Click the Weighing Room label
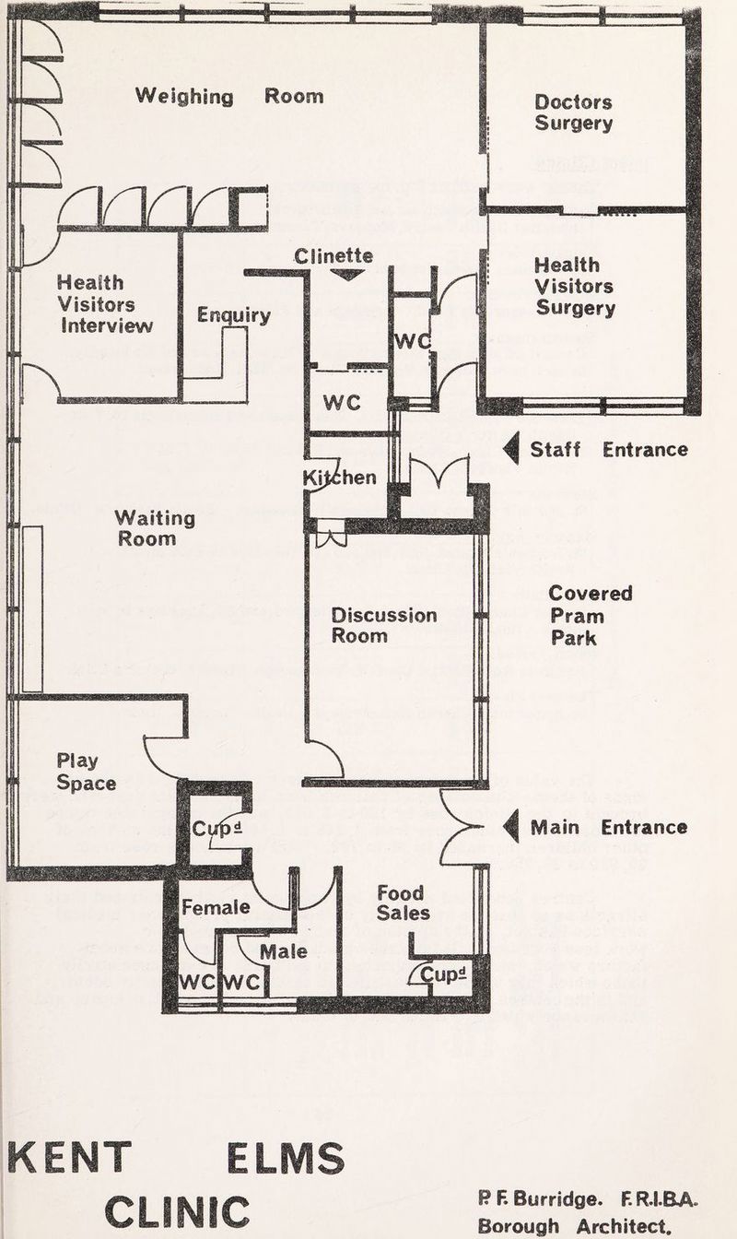(x=229, y=96)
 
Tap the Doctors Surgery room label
(x=573, y=112)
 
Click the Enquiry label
(x=233, y=316)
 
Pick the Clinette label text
(x=333, y=255)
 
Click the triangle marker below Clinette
(x=346, y=274)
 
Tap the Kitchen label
(x=340, y=477)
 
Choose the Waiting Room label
(x=156, y=528)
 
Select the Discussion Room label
(x=383, y=624)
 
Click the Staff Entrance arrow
(x=512, y=448)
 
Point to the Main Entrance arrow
(x=512, y=827)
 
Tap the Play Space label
(x=87, y=773)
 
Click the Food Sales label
(x=403, y=903)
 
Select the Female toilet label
(x=215, y=907)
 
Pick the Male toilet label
(x=283, y=950)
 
